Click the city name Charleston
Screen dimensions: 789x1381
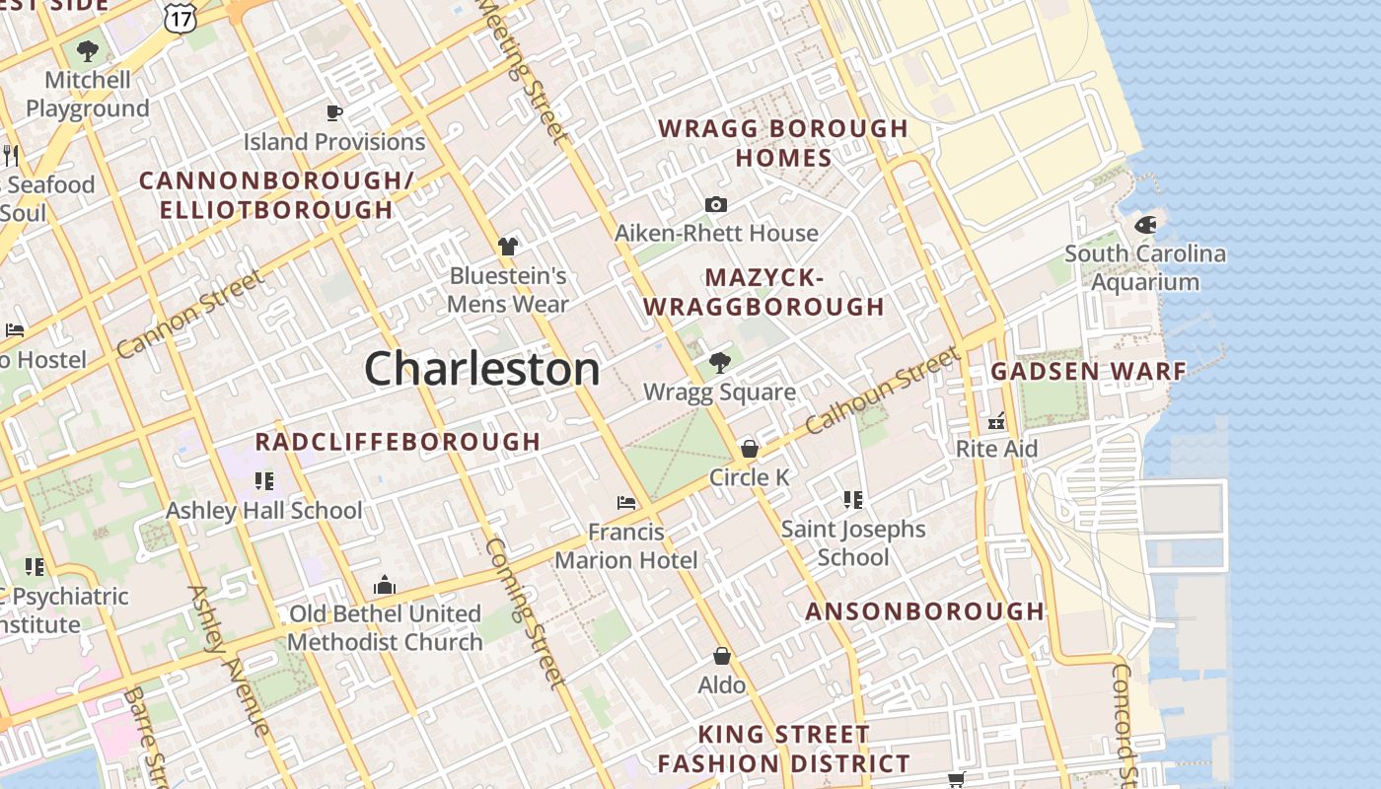click(x=481, y=369)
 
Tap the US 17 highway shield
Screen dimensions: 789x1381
click(x=181, y=17)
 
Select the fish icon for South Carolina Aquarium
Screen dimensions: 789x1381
click(x=1145, y=225)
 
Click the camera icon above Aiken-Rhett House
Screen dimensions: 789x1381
click(x=716, y=205)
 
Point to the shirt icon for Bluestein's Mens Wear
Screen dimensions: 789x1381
click(x=508, y=247)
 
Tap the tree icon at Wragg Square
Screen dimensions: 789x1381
click(x=720, y=363)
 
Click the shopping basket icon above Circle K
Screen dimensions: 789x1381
click(x=749, y=449)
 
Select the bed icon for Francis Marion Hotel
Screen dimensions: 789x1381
click(x=626, y=503)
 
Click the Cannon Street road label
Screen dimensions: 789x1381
click(x=190, y=314)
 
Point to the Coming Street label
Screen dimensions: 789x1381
click(x=525, y=611)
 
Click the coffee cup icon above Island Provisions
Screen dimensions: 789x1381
click(x=334, y=112)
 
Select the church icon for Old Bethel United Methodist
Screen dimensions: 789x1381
click(x=385, y=586)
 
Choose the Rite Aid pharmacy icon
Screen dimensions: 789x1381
click(x=996, y=421)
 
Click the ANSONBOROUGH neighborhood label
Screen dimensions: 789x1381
click(x=924, y=611)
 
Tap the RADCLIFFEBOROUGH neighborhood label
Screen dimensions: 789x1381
click(x=398, y=442)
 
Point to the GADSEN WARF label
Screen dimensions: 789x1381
click(x=1088, y=372)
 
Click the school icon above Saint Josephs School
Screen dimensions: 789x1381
click(x=853, y=500)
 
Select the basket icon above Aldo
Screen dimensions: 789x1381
click(x=722, y=656)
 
